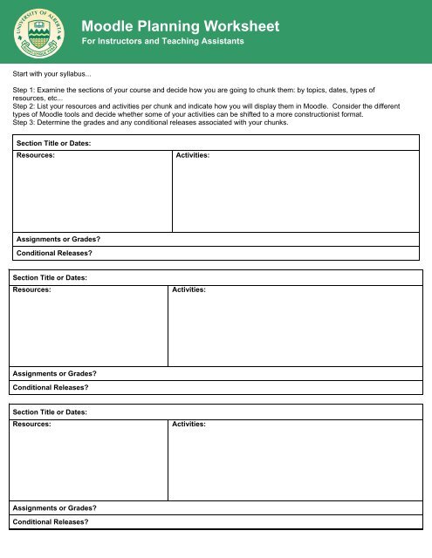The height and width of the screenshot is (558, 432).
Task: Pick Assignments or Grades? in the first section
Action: click(58, 238)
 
